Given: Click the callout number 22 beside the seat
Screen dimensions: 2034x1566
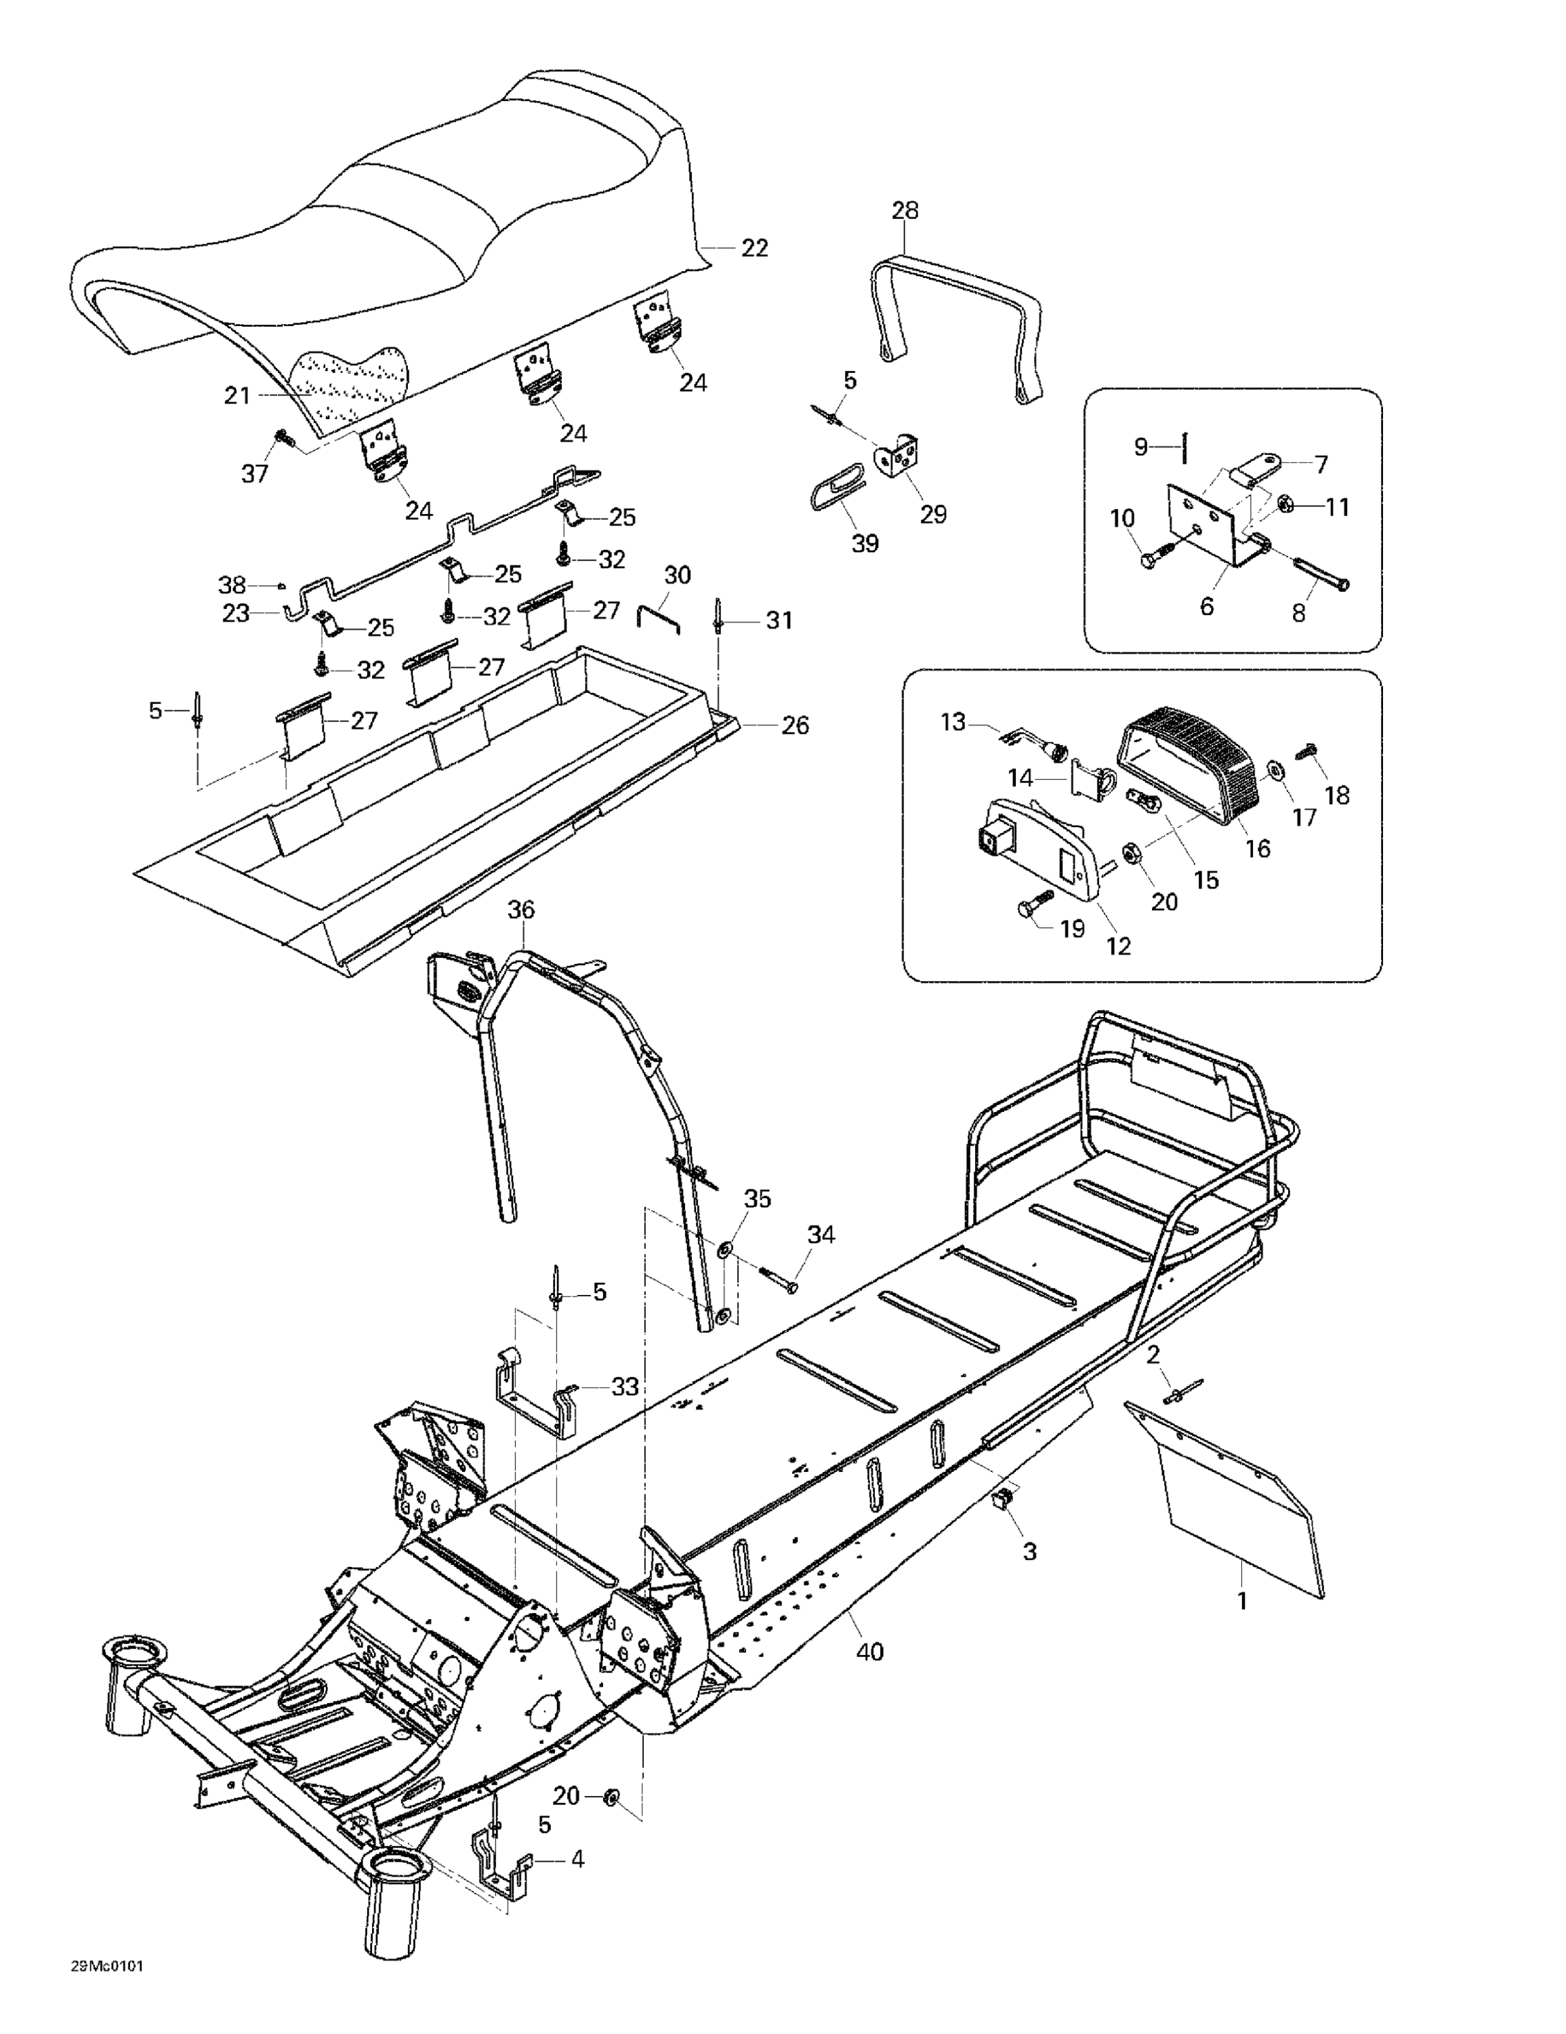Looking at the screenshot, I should coord(754,249).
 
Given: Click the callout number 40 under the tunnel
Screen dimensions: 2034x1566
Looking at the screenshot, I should coord(869,1652).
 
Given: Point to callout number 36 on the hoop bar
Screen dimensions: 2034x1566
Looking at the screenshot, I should coord(520,910).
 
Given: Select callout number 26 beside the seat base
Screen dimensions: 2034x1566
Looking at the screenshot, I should coord(794,725).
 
